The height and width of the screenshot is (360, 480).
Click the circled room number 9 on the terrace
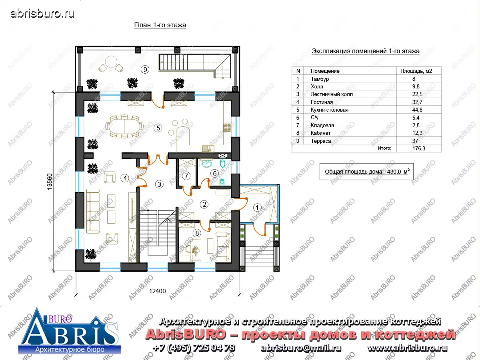tap(145, 70)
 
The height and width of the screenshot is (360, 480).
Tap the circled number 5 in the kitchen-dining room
tap(158, 128)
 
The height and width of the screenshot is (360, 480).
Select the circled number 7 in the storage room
tap(186, 176)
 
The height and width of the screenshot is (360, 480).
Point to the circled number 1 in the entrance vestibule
tap(257, 208)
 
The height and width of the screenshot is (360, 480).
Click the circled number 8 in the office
tap(197, 233)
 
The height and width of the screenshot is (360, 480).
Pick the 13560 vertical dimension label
tap(50, 182)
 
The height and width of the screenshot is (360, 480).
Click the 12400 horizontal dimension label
tap(158, 291)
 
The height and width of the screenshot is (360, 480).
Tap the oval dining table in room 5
tap(124, 126)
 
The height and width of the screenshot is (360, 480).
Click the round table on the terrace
tap(111, 62)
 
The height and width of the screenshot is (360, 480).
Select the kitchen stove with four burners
tap(227, 128)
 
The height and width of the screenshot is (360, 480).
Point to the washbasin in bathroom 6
tap(206, 163)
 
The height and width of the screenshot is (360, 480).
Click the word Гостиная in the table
tap(322, 102)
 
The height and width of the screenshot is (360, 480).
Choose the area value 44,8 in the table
tap(417, 110)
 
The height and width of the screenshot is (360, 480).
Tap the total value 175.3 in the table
tap(419, 149)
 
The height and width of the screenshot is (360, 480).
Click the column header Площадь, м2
tap(416, 71)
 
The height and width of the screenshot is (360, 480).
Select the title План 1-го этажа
tap(160, 25)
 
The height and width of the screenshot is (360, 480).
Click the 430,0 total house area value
tap(394, 172)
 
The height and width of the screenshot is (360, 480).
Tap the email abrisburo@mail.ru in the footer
tap(301, 348)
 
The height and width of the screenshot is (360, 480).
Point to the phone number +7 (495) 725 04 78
tap(194, 348)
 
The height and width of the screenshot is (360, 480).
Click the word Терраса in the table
tap(321, 141)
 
